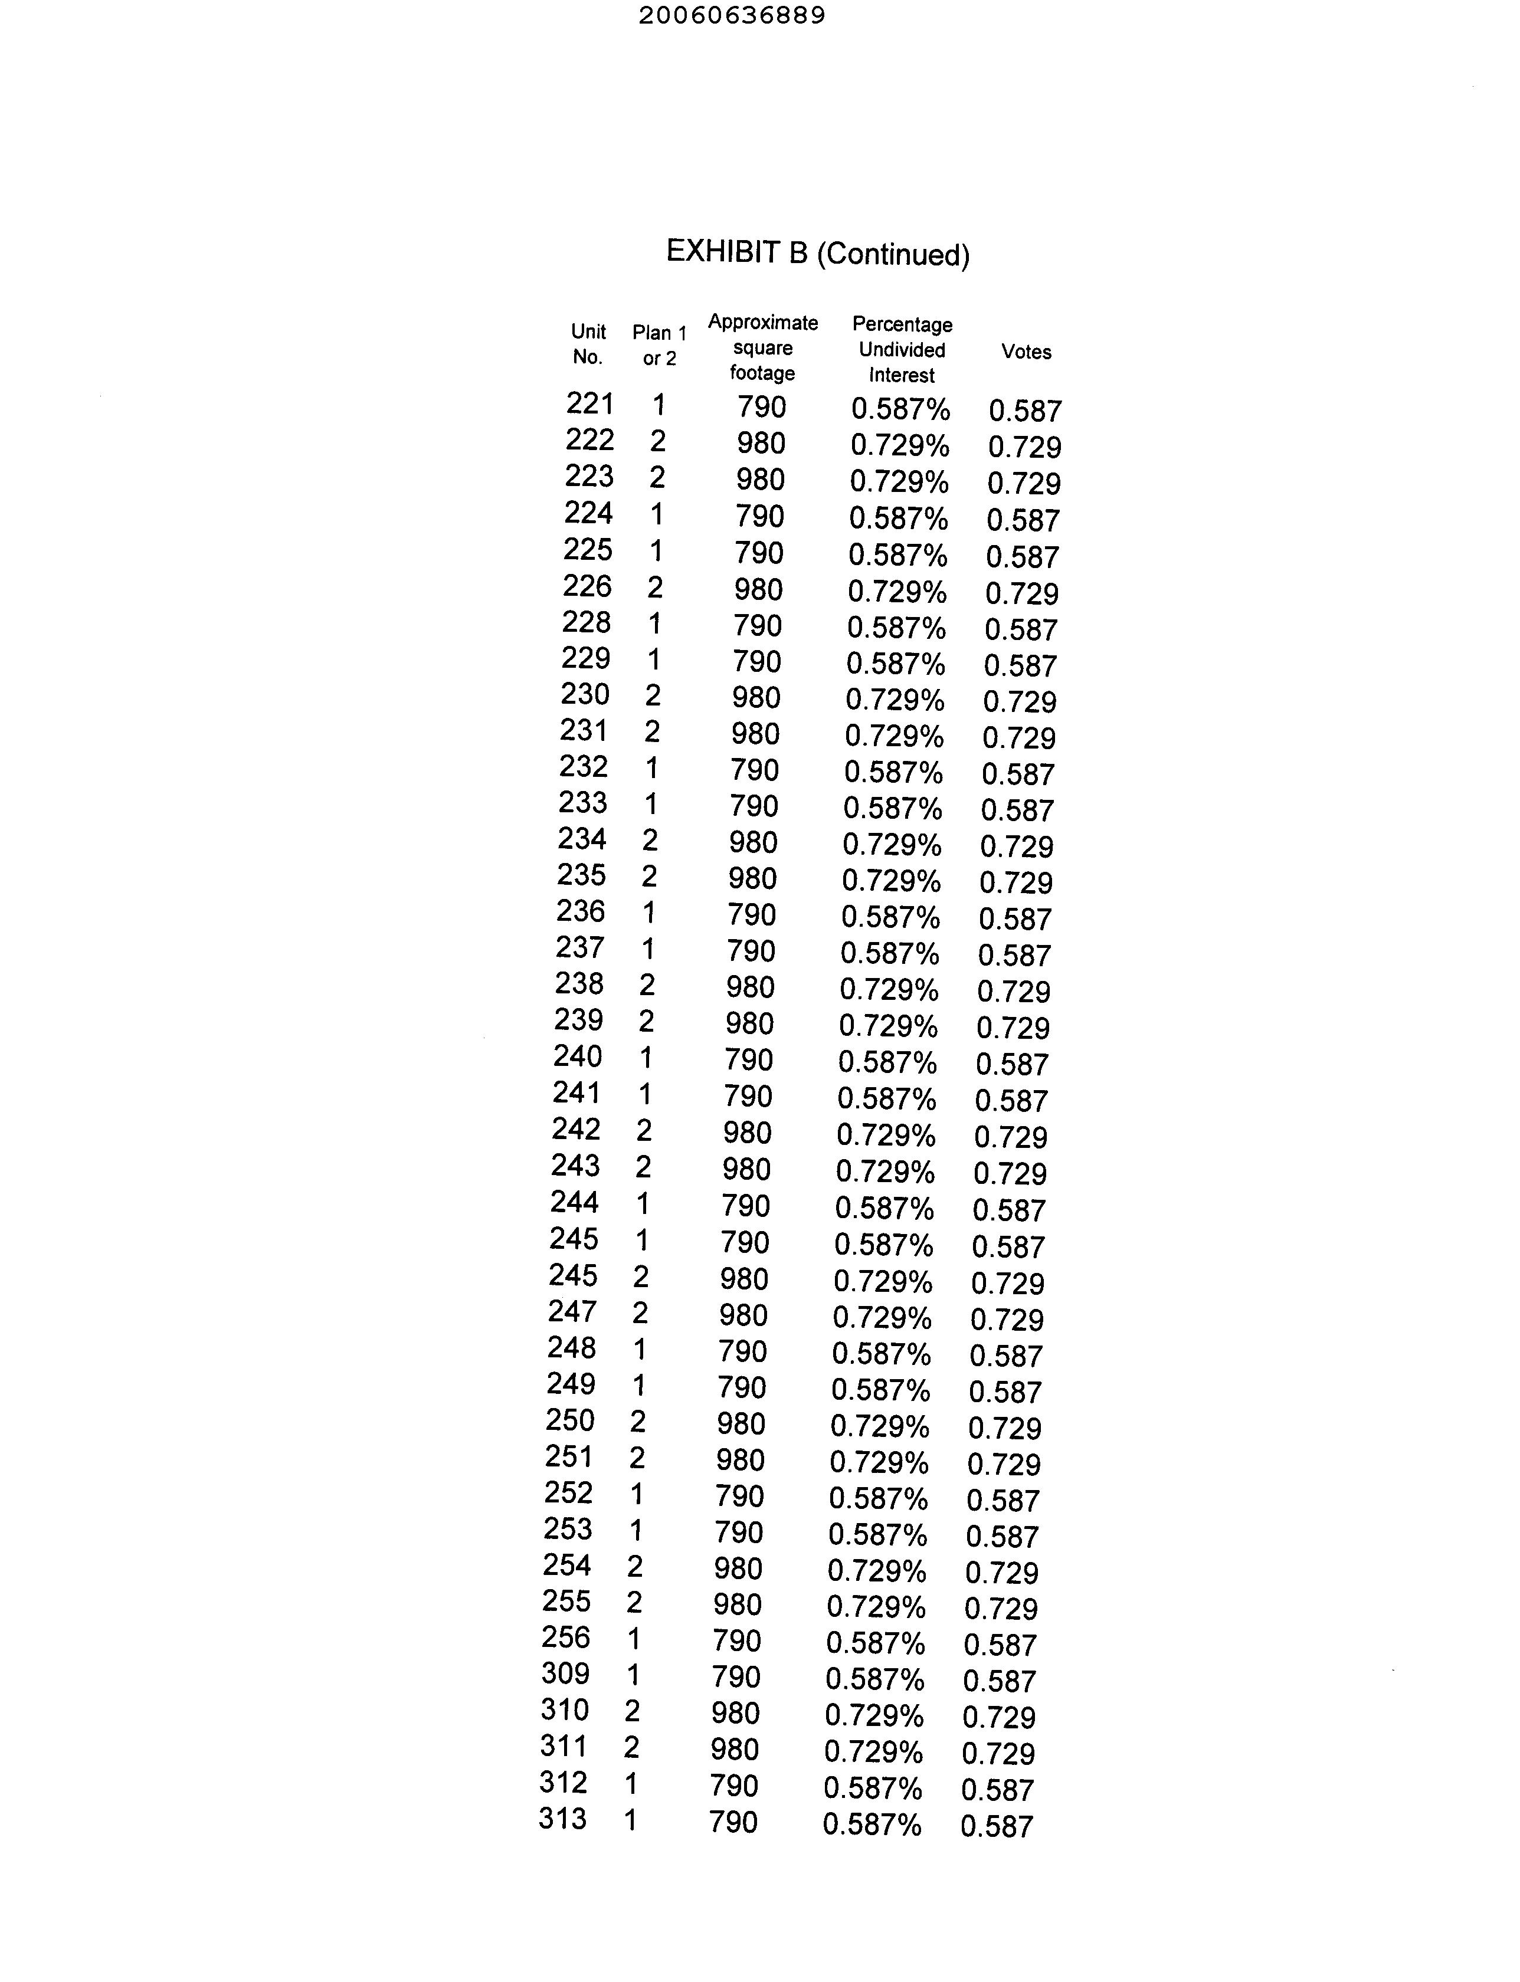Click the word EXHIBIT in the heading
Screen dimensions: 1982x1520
[x=724, y=251]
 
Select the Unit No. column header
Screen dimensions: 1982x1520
[x=588, y=344]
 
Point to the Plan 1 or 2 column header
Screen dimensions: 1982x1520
[x=660, y=346]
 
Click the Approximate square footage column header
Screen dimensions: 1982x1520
[x=763, y=347]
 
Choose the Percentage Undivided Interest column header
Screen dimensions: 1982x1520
[x=902, y=349]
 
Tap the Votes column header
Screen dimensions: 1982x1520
[x=1026, y=352]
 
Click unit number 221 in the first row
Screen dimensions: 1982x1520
[x=590, y=403]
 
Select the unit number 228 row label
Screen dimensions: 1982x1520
[x=587, y=622]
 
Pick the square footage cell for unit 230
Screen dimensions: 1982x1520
[x=756, y=697]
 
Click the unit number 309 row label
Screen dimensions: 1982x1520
[x=565, y=1673]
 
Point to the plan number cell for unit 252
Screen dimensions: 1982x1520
[x=637, y=1494]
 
